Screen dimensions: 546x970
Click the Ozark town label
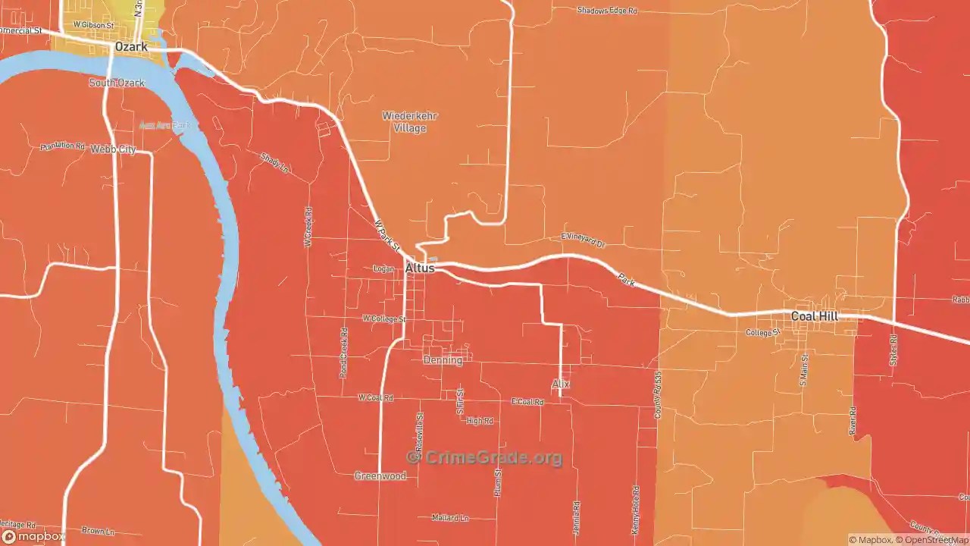click(x=131, y=47)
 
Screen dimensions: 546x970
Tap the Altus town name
click(x=420, y=268)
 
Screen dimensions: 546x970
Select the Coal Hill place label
click(x=815, y=315)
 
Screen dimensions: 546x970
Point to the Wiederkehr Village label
click(x=409, y=122)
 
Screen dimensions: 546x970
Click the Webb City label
click(x=113, y=149)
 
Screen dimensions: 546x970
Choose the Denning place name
click(x=443, y=360)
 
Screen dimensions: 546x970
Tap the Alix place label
click(x=560, y=384)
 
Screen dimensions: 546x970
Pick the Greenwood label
click(x=380, y=476)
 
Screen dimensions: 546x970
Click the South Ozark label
click(x=117, y=83)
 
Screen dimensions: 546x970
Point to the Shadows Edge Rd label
click(x=607, y=11)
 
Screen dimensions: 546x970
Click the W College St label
click(x=384, y=319)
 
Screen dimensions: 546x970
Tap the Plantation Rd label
click(x=63, y=146)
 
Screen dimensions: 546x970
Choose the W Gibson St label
click(x=93, y=25)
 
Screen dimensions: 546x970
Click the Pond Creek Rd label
click(x=344, y=353)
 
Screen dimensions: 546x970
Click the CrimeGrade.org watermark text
click(x=485, y=457)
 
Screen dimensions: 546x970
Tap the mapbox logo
click(x=33, y=536)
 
